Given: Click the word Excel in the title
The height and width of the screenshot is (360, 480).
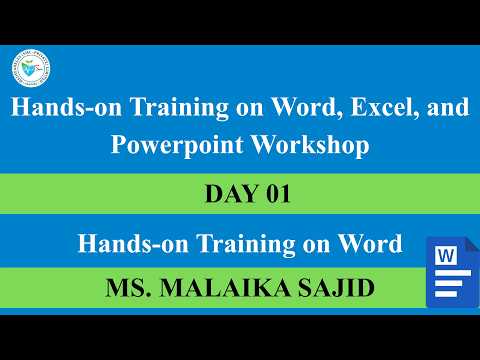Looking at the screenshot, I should pos(366,109).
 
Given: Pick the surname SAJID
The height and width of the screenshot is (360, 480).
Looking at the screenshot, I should pos(323,289).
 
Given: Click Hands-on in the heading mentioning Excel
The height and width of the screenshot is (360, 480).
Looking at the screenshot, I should pos(52,109).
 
